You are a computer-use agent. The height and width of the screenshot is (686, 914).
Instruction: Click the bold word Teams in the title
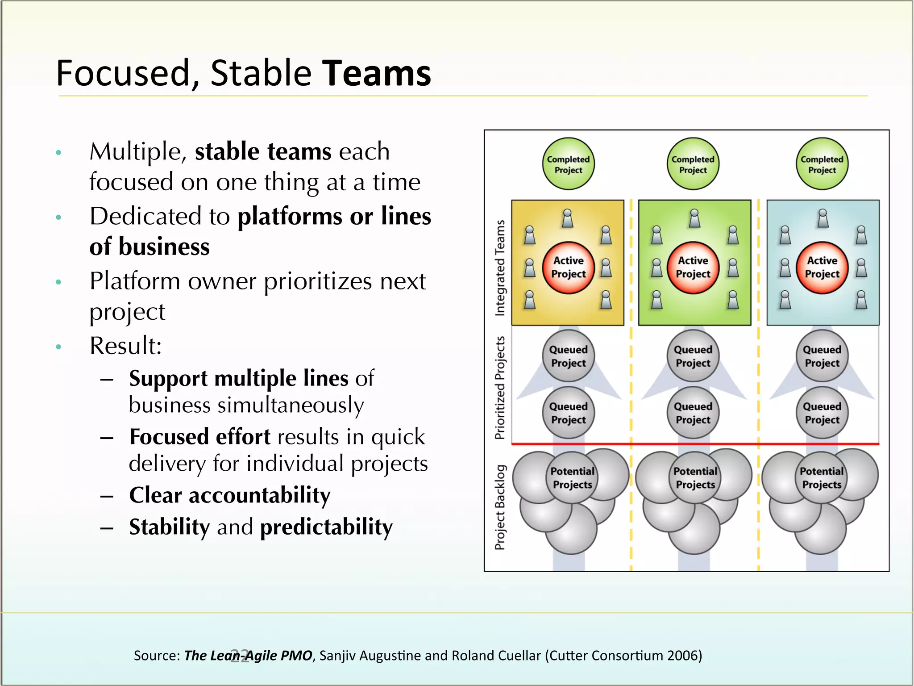(376, 74)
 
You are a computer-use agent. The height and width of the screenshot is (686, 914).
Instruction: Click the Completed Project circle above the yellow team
(568, 164)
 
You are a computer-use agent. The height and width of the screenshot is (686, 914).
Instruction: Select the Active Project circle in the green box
(693, 268)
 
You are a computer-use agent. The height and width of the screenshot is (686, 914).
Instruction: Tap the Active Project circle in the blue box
(822, 268)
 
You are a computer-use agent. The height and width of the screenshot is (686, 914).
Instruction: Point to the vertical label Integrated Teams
(500, 268)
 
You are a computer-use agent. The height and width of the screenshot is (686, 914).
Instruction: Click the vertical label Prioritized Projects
(500, 388)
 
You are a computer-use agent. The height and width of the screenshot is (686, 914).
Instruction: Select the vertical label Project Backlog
(500, 507)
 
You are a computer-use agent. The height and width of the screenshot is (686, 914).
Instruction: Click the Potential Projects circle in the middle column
(695, 478)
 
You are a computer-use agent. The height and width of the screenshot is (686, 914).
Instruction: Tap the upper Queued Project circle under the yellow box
(568, 356)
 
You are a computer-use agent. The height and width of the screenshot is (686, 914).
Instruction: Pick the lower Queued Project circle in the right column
(822, 413)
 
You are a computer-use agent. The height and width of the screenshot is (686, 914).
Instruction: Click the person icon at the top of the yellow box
(567, 218)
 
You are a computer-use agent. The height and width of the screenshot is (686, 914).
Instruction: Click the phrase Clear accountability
(229, 495)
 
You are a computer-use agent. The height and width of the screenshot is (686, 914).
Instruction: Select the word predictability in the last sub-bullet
(326, 527)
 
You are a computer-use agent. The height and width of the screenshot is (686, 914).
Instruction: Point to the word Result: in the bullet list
(125, 346)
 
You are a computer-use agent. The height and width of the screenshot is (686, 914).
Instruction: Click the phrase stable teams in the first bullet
(263, 151)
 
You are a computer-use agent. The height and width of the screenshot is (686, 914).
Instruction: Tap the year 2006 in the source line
(682, 655)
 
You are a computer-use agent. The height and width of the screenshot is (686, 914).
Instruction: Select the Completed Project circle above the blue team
(822, 164)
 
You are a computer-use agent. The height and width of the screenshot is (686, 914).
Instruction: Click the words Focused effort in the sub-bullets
(199, 437)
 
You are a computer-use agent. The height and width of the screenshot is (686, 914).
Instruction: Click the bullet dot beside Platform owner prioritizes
(58, 282)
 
